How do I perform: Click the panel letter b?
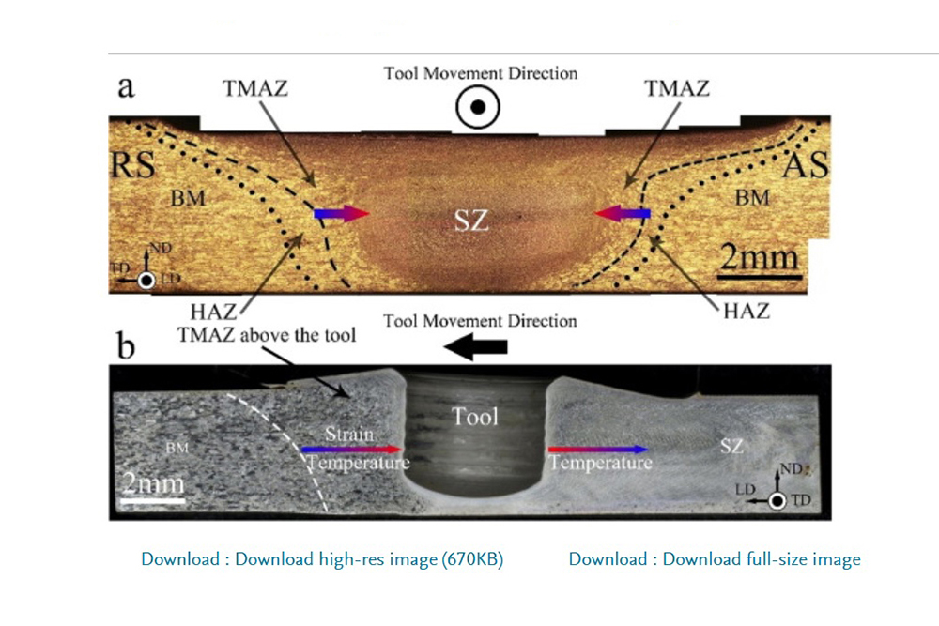click(x=126, y=345)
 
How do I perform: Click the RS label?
click(x=131, y=167)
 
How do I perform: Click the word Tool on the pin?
click(x=474, y=416)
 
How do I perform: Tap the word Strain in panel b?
click(x=349, y=435)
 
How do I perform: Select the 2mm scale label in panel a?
click(x=760, y=256)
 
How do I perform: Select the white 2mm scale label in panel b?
click(x=153, y=485)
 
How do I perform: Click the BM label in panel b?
click(x=177, y=448)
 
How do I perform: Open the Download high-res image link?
click(x=322, y=559)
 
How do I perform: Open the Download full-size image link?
click(x=715, y=559)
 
